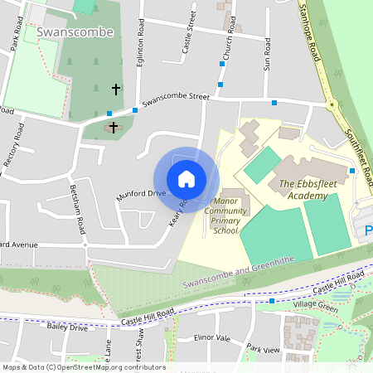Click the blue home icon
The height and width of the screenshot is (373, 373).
point(186,179)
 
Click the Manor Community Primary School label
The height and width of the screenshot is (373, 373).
point(230,216)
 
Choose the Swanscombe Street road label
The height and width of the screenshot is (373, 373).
point(175,100)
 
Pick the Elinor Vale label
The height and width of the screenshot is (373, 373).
point(211,338)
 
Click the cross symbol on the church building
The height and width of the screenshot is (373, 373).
point(112,127)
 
